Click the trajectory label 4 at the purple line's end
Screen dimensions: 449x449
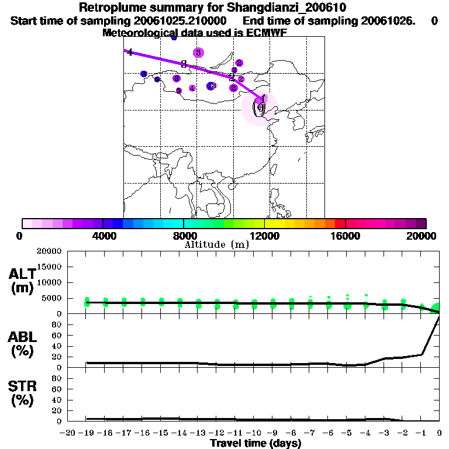130,53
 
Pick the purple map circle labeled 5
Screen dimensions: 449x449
179,91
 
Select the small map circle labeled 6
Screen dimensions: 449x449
157,80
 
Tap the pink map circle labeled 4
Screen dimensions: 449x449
192,88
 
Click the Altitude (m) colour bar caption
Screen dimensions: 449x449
216,245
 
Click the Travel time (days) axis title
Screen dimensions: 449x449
255,443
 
